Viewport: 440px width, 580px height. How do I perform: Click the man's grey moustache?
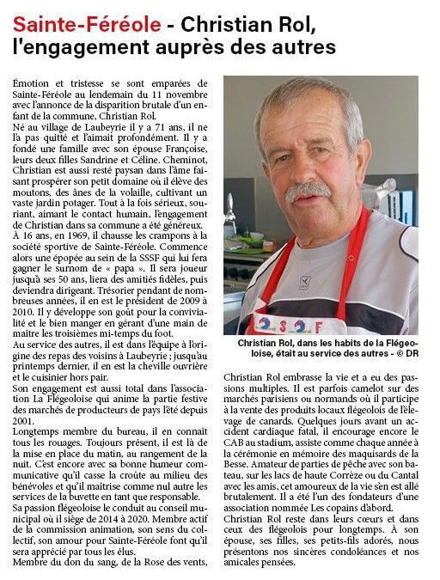(x=309, y=190)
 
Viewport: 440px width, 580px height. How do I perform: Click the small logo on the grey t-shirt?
(x=303, y=281)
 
